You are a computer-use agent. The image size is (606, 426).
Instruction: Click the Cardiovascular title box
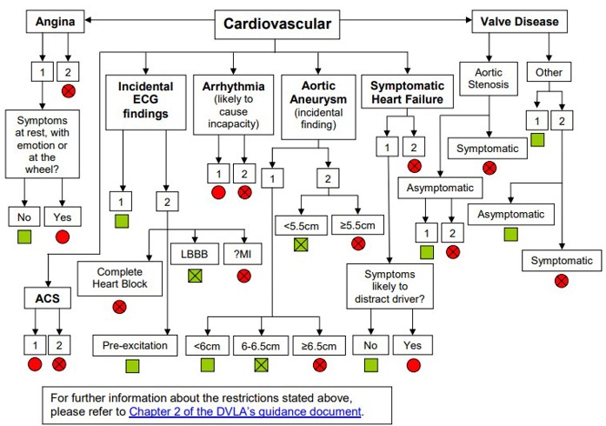276,23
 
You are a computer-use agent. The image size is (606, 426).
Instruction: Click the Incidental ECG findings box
145,99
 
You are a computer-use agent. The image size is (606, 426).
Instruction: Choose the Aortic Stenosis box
488,79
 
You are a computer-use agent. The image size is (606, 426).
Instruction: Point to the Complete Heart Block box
122,277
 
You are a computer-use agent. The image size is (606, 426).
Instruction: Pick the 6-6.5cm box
260,345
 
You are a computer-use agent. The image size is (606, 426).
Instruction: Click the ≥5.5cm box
358,225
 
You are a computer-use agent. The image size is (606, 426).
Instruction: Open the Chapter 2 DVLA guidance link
244,411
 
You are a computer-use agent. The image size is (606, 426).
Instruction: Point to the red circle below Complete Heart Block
120,306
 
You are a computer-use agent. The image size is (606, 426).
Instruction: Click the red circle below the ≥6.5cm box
319,365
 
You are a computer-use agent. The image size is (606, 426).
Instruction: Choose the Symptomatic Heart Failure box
407,93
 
